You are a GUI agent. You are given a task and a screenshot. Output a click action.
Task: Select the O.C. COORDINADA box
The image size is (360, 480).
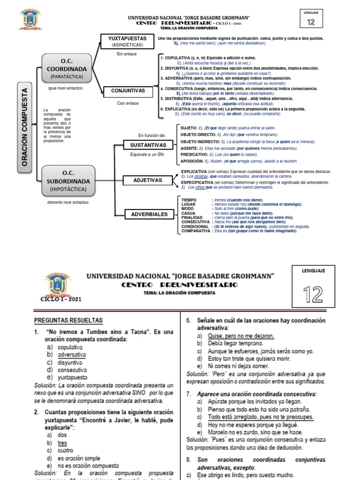67,68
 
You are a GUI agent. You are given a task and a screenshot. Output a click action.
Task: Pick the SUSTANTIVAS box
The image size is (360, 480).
148,144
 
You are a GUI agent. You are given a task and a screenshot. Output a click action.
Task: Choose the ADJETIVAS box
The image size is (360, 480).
148,180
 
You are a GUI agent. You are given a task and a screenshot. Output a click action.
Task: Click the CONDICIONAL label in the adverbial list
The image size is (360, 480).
195,226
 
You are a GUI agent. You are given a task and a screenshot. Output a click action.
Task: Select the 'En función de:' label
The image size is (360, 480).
152,135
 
